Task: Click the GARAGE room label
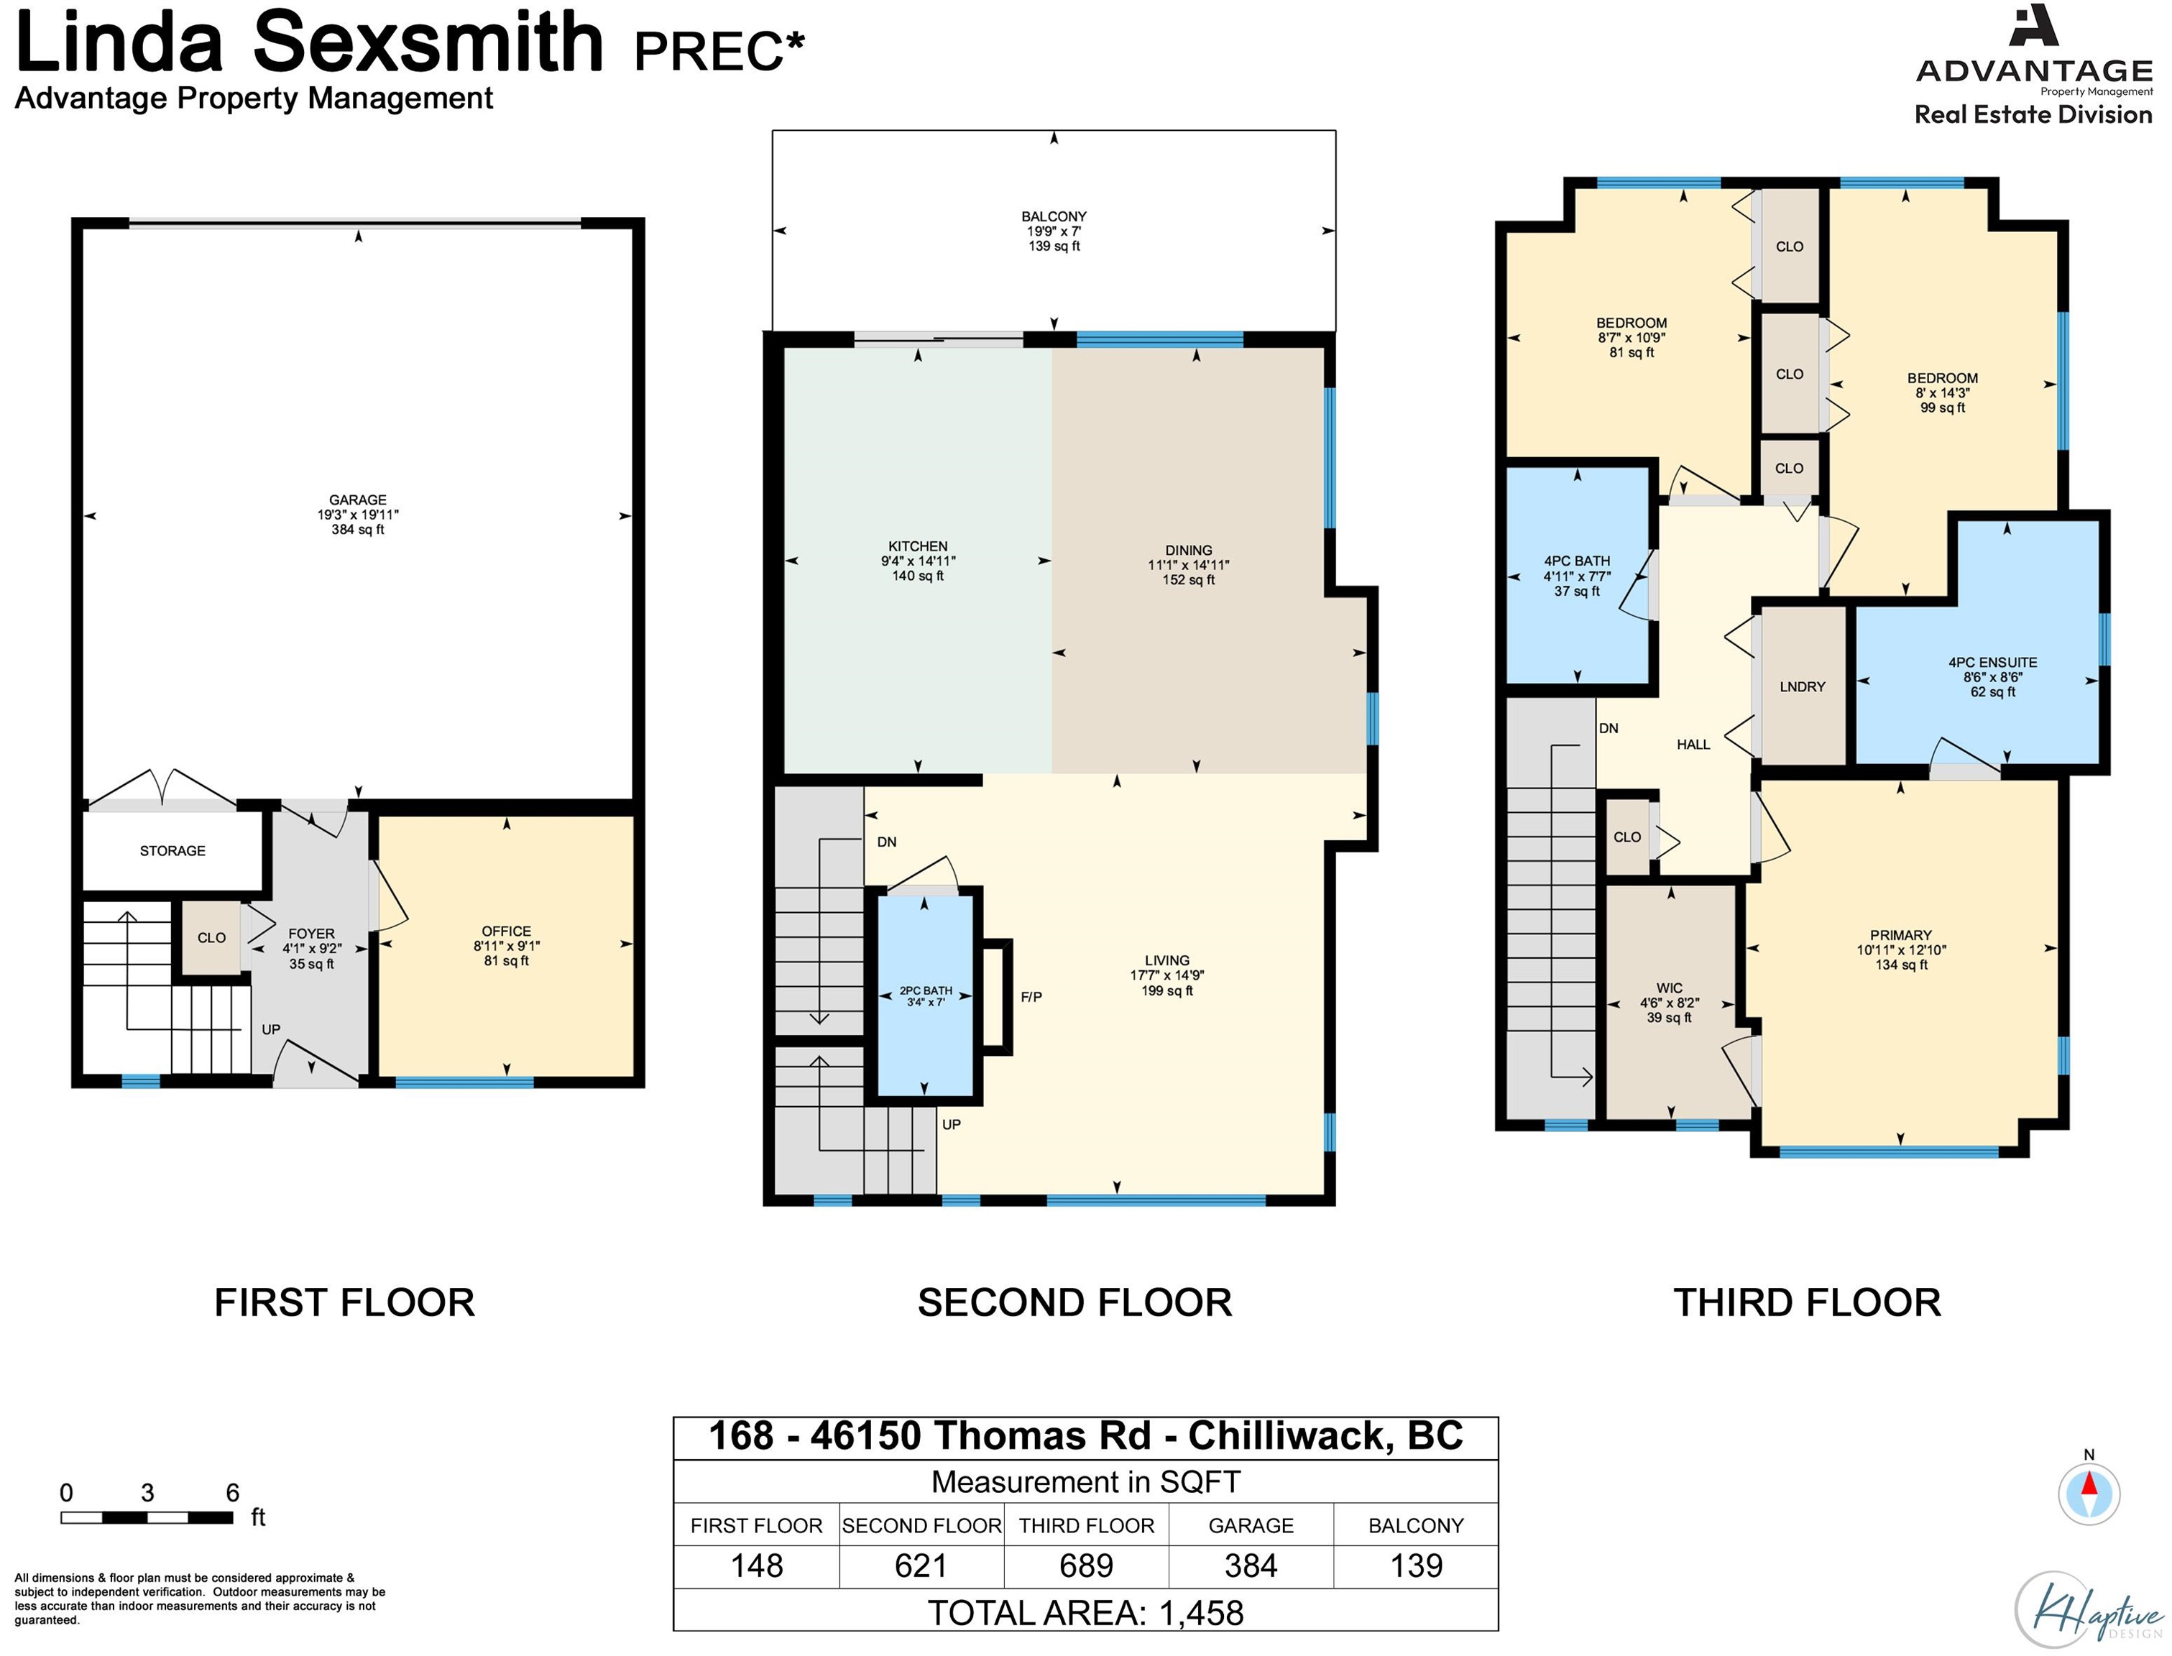click(x=358, y=500)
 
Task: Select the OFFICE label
click(x=507, y=931)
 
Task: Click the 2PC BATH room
click(x=924, y=995)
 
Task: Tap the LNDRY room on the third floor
click(x=1803, y=686)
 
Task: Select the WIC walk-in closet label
click(x=1670, y=988)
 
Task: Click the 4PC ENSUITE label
click(x=1992, y=663)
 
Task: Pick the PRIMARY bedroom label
click(x=1901, y=935)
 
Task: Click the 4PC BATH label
click(x=1577, y=561)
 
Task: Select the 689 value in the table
click(x=1086, y=1566)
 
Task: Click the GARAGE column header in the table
click(x=1251, y=1526)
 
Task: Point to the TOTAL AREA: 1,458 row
click(x=1085, y=1614)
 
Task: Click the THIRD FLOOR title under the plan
click(x=1806, y=1303)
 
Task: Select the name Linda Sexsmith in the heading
click(x=308, y=43)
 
